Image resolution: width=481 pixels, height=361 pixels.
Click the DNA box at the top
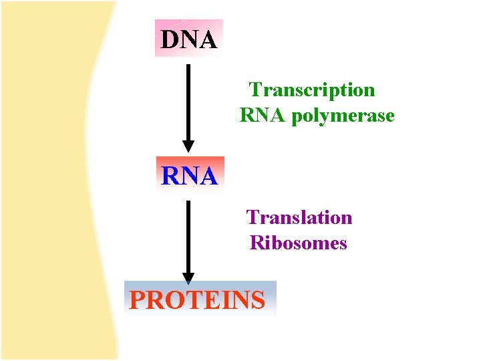[188, 39]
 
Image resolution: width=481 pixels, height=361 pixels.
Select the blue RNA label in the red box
[189, 176]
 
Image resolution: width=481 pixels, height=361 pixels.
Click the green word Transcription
[312, 90]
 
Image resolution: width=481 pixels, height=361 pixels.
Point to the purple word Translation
[299, 217]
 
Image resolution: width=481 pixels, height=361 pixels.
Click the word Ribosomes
[299, 243]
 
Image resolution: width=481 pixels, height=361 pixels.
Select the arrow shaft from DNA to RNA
[188, 100]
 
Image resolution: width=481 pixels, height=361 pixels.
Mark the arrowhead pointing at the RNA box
[188, 146]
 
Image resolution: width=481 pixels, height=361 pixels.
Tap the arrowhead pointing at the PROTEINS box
[188, 277]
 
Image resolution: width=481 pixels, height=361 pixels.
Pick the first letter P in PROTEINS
[137, 301]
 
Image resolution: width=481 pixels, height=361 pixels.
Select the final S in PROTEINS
[258, 301]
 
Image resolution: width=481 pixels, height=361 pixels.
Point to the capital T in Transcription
[255, 90]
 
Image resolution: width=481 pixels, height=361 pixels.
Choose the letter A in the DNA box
[208, 40]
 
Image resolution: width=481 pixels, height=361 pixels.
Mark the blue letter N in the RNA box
[189, 176]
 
